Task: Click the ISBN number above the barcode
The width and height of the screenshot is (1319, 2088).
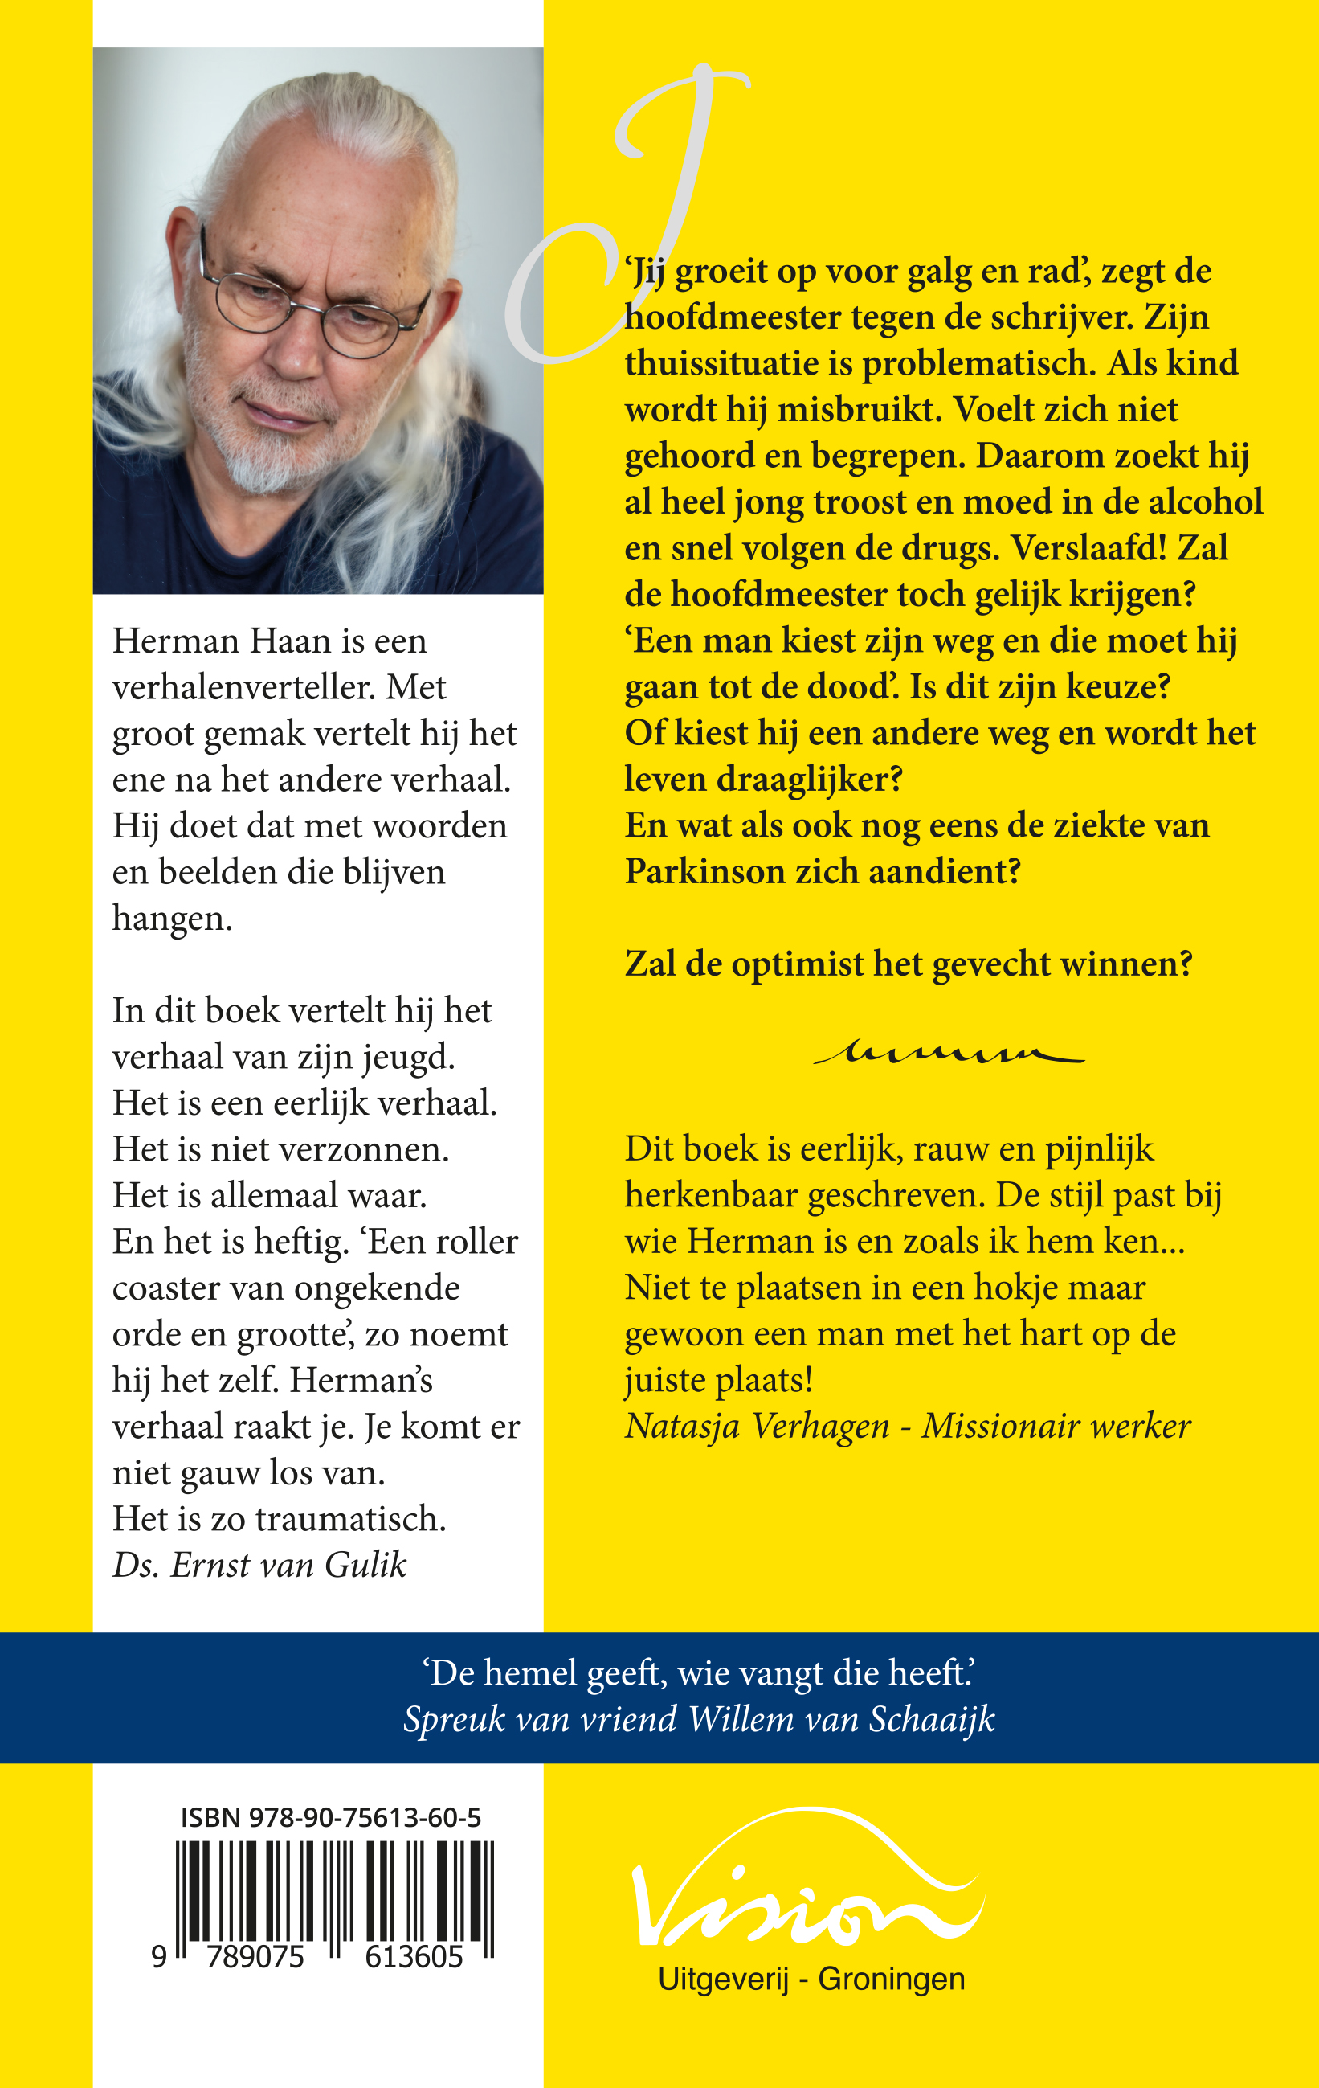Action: [x=330, y=1817]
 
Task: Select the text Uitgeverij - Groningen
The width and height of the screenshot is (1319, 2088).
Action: [x=811, y=1979]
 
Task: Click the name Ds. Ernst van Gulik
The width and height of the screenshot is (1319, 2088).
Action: [x=259, y=1565]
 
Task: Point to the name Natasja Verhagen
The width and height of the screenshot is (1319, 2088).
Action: [x=757, y=1427]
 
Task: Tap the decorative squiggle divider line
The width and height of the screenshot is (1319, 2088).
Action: [x=948, y=1054]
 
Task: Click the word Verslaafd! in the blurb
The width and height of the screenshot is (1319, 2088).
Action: [x=1089, y=548]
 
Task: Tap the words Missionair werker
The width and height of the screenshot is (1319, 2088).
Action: [x=1056, y=1427]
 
